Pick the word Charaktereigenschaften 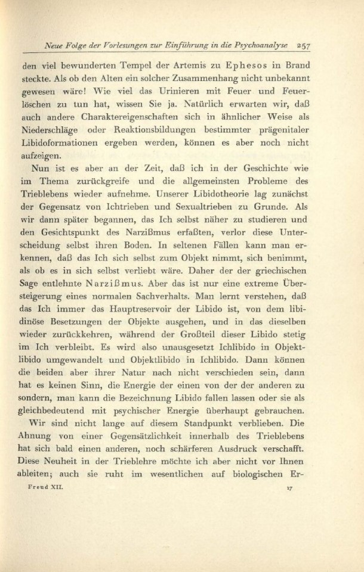tap(119, 129)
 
